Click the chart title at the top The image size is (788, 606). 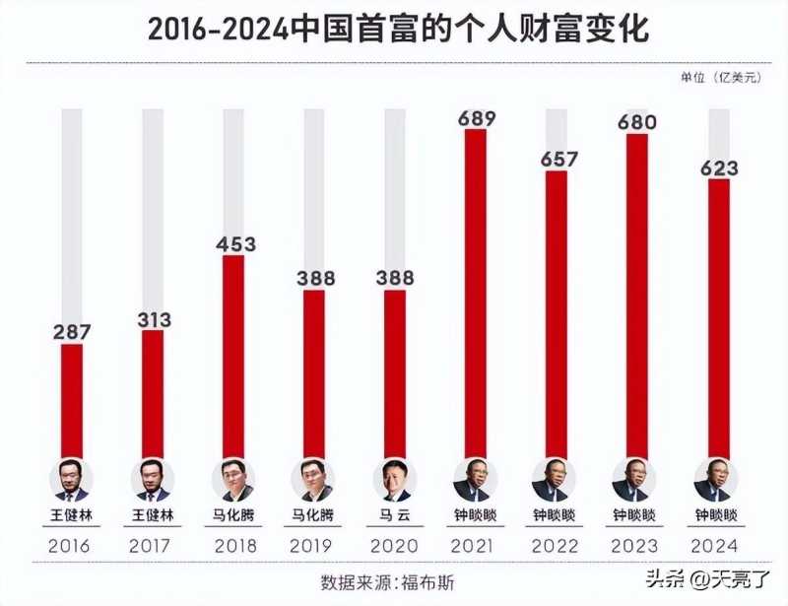point(398,29)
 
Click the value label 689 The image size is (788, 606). point(476,119)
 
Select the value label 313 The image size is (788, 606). point(153,319)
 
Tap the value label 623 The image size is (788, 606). point(719,168)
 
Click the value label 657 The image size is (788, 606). point(558,159)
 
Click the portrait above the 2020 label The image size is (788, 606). point(394,481)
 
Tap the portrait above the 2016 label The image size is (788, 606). point(71,481)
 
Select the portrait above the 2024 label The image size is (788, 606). point(718,481)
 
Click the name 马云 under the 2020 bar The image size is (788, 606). point(394,514)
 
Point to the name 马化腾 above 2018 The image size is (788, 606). point(233,514)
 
